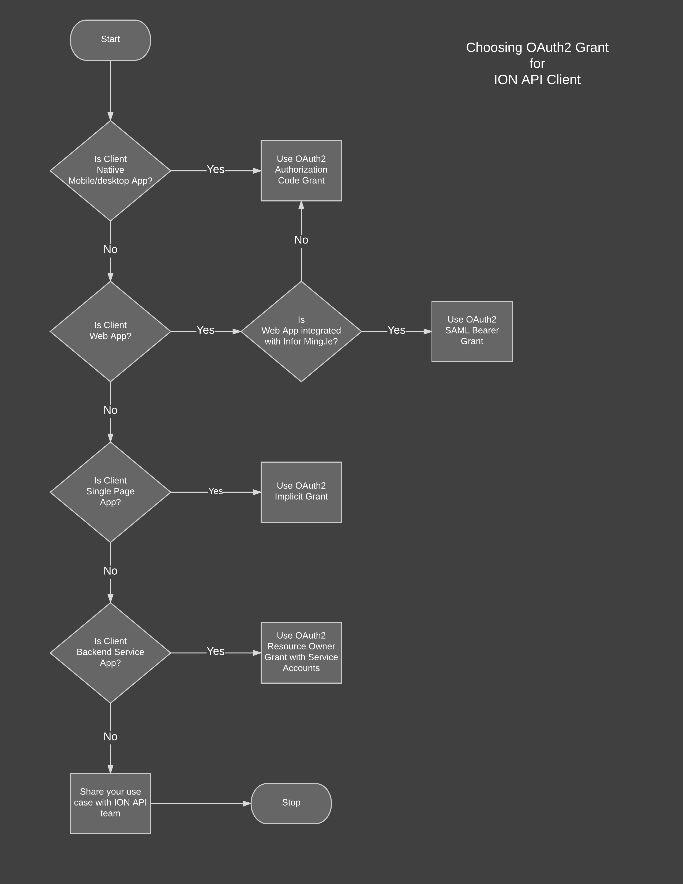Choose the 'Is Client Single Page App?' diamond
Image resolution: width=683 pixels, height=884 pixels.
point(110,492)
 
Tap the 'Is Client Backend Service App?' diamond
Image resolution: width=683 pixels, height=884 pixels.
point(110,653)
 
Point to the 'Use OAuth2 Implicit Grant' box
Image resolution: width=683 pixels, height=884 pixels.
point(301,492)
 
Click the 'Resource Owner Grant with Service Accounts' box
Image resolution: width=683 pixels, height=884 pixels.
point(301,653)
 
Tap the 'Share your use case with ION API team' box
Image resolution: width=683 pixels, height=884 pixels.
point(110,803)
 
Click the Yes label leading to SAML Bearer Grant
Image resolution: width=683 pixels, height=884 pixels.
point(396,330)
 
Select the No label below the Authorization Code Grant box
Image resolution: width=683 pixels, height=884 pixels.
point(301,240)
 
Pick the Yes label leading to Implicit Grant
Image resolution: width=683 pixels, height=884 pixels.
point(215,491)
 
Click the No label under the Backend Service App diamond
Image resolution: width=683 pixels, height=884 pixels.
point(110,737)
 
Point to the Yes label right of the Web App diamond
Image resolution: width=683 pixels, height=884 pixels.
point(205,330)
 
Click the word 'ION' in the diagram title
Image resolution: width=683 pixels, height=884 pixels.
point(506,80)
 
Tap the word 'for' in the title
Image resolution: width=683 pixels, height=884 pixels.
point(537,63)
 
